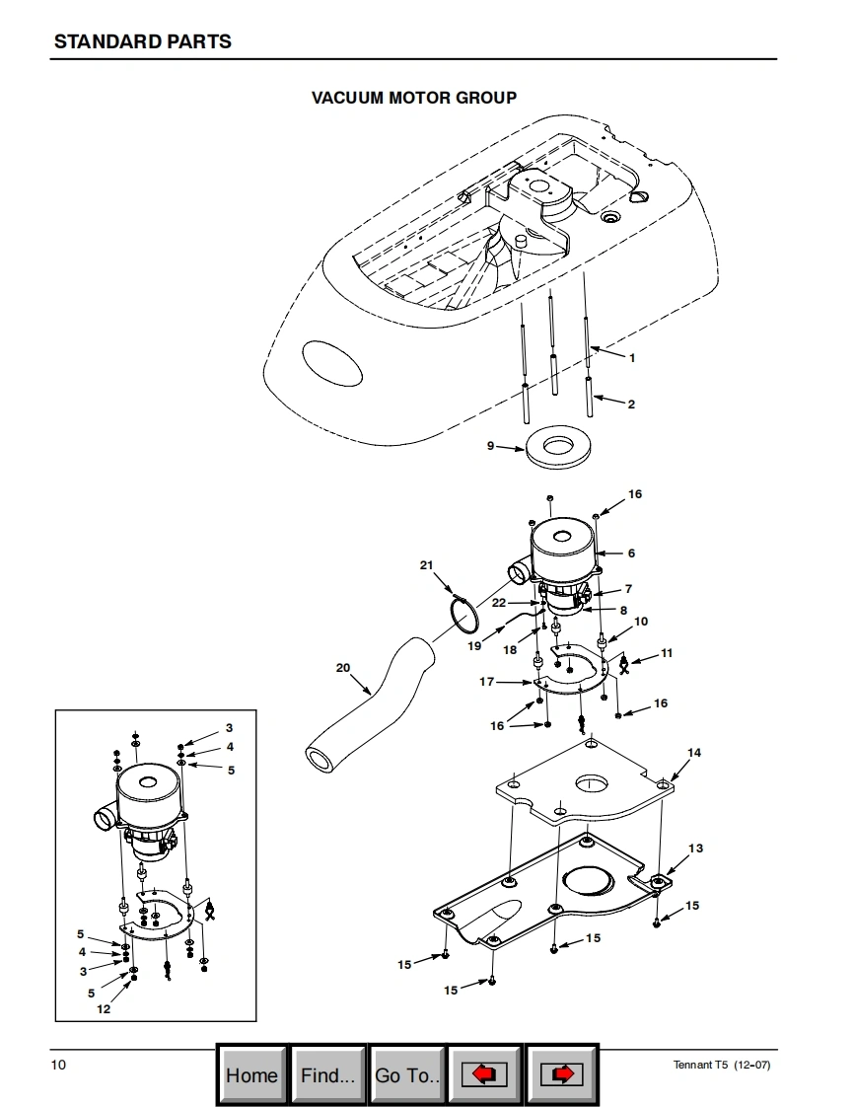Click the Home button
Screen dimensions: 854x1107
pyautogui.click(x=252, y=1075)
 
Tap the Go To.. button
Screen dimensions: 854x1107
pyautogui.click(x=407, y=1075)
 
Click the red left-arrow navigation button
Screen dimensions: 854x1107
pyautogui.click(x=484, y=1075)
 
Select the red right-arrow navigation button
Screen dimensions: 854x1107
pyautogui.click(x=562, y=1075)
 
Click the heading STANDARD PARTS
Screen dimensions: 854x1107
pyautogui.click(x=143, y=41)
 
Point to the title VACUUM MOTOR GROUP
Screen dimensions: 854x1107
pyautogui.click(x=414, y=98)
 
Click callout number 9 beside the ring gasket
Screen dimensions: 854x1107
pyautogui.click(x=490, y=446)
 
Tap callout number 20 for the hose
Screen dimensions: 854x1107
pyautogui.click(x=343, y=668)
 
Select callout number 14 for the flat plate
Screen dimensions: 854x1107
pyautogui.click(x=694, y=753)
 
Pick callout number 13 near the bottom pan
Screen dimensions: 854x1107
pyautogui.click(x=696, y=848)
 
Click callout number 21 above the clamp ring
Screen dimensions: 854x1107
pyautogui.click(x=426, y=564)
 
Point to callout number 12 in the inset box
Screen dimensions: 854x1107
pyautogui.click(x=104, y=1009)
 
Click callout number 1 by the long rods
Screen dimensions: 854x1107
pyautogui.click(x=632, y=358)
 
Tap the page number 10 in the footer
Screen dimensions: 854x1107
pyautogui.click(x=58, y=1065)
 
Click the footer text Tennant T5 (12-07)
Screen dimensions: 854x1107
pyautogui.click(x=721, y=1065)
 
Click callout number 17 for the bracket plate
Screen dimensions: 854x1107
pyautogui.click(x=487, y=682)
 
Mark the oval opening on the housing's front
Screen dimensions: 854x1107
pyautogui.click(x=332, y=363)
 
